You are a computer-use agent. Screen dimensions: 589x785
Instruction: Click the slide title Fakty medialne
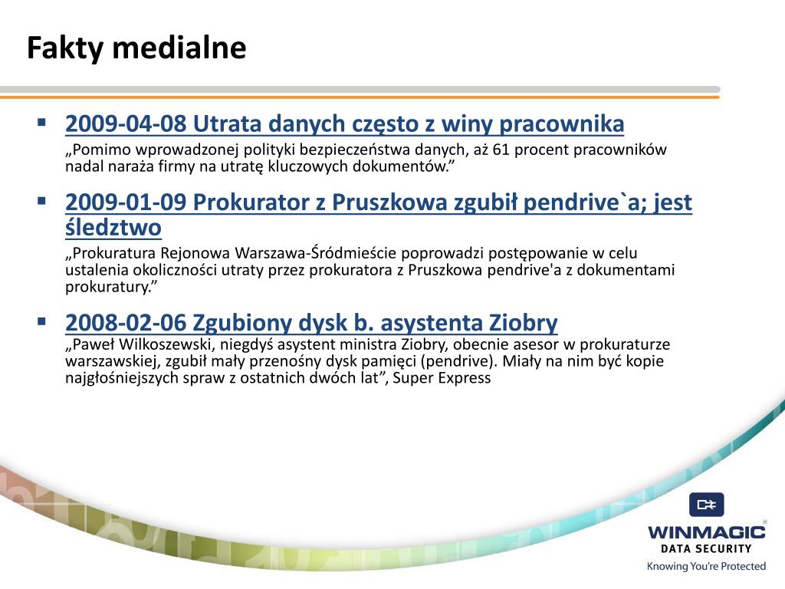tap(136, 48)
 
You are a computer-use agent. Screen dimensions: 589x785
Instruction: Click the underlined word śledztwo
tap(113, 228)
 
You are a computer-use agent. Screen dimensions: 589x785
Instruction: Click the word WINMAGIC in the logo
tap(706, 532)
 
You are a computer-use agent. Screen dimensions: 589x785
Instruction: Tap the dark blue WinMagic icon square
tap(706, 505)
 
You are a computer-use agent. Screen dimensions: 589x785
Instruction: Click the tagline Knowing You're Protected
tap(706, 567)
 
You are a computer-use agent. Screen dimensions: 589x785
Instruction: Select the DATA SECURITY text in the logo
tap(706, 548)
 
